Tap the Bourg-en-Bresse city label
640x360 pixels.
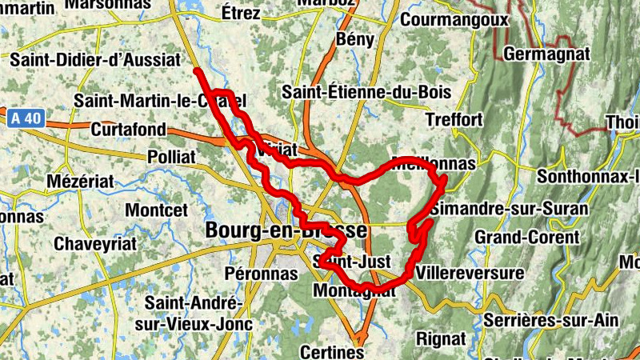286,230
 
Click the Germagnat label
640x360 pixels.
546,54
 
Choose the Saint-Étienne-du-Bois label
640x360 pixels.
366,93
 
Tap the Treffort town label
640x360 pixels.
454,119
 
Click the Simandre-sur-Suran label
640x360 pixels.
510,209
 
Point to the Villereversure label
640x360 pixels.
470,273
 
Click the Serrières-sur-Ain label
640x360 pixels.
551,320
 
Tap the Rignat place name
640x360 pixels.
441,338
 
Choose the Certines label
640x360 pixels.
332,351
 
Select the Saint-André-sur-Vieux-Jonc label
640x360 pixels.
192,314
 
